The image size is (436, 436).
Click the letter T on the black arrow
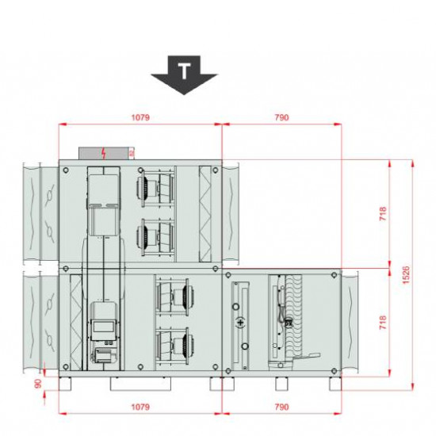click(x=184, y=71)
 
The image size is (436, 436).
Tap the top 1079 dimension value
click(x=140, y=117)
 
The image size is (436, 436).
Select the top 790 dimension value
click(x=281, y=117)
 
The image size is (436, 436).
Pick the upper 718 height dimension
click(x=382, y=215)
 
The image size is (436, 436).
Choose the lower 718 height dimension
click(x=382, y=322)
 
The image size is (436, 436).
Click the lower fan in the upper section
click(x=154, y=235)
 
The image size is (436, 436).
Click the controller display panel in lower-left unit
click(x=102, y=326)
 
